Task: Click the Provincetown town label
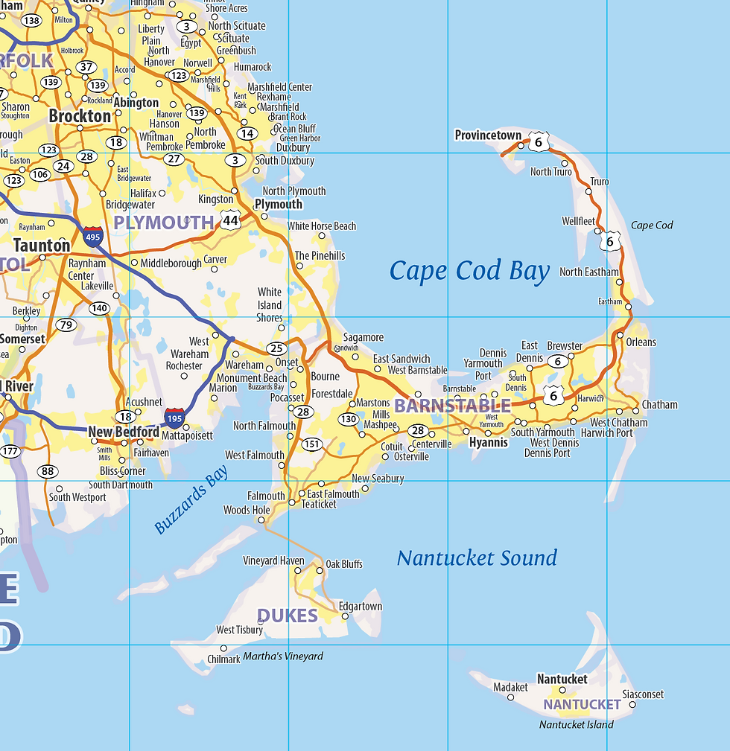click(488, 135)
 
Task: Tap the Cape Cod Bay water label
click(469, 272)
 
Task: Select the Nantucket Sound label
click(477, 558)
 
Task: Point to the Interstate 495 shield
click(93, 236)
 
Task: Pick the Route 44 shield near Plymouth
click(230, 220)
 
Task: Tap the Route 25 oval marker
click(276, 348)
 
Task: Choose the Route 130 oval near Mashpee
click(349, 419)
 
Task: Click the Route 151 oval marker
click(312, 444)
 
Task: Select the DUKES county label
click(288, 616)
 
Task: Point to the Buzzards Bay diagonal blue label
click(191, 500)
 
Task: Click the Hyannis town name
click(489, 443)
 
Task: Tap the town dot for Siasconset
click(632, 704)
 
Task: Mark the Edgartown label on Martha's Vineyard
click(361, 607)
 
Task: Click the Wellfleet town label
click(578, 221)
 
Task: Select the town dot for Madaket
click(511, 697)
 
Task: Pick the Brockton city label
click(80, 116)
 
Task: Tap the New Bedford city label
click(123, 432)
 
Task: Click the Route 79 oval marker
click(66, 325)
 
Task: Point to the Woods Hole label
click(247, 511)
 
